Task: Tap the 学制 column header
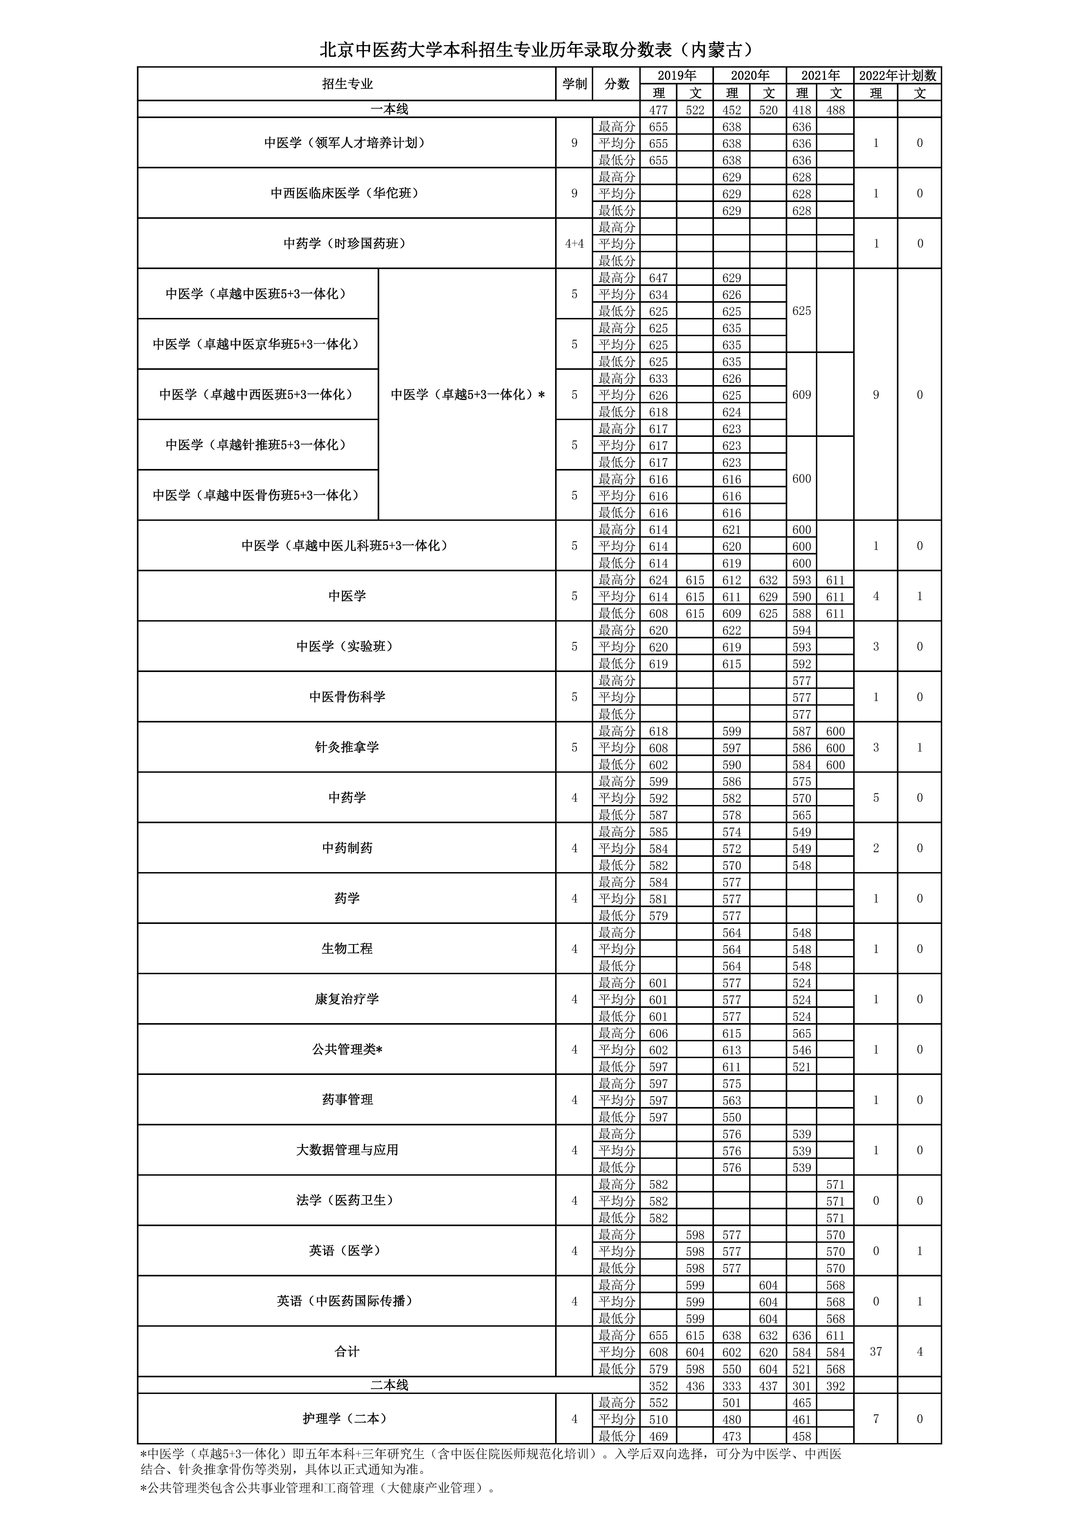574,84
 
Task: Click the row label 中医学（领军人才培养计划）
346,142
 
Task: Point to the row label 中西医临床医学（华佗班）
346,193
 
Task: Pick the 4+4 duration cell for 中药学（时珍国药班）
574,244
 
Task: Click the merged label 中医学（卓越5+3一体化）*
468,394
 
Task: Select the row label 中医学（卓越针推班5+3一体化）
258,445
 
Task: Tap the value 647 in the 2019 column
658,278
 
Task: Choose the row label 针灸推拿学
346,747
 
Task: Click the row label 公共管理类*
346,1050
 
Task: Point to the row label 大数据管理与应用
346,1150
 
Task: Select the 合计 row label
346,1352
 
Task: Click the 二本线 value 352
658,1386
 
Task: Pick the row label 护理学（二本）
346,1419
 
